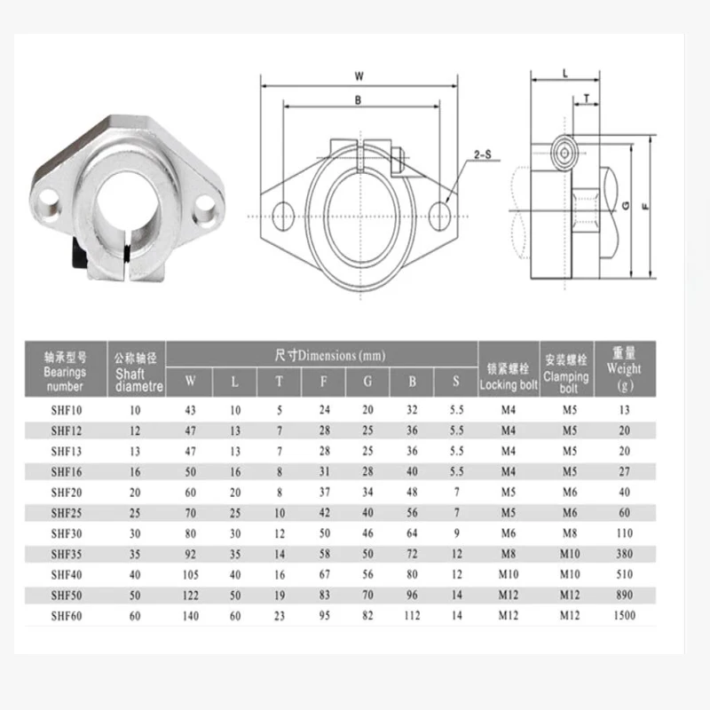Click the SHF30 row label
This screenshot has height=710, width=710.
[67, 533]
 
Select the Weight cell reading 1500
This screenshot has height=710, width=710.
[625, 615]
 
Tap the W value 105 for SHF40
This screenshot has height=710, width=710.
[191, 574]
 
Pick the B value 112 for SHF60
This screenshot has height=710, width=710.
[412, 615]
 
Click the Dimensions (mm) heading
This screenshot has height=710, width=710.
[330, 355]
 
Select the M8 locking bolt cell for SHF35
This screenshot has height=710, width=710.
[509, 554]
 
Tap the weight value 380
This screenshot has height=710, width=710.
[625, 554]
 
